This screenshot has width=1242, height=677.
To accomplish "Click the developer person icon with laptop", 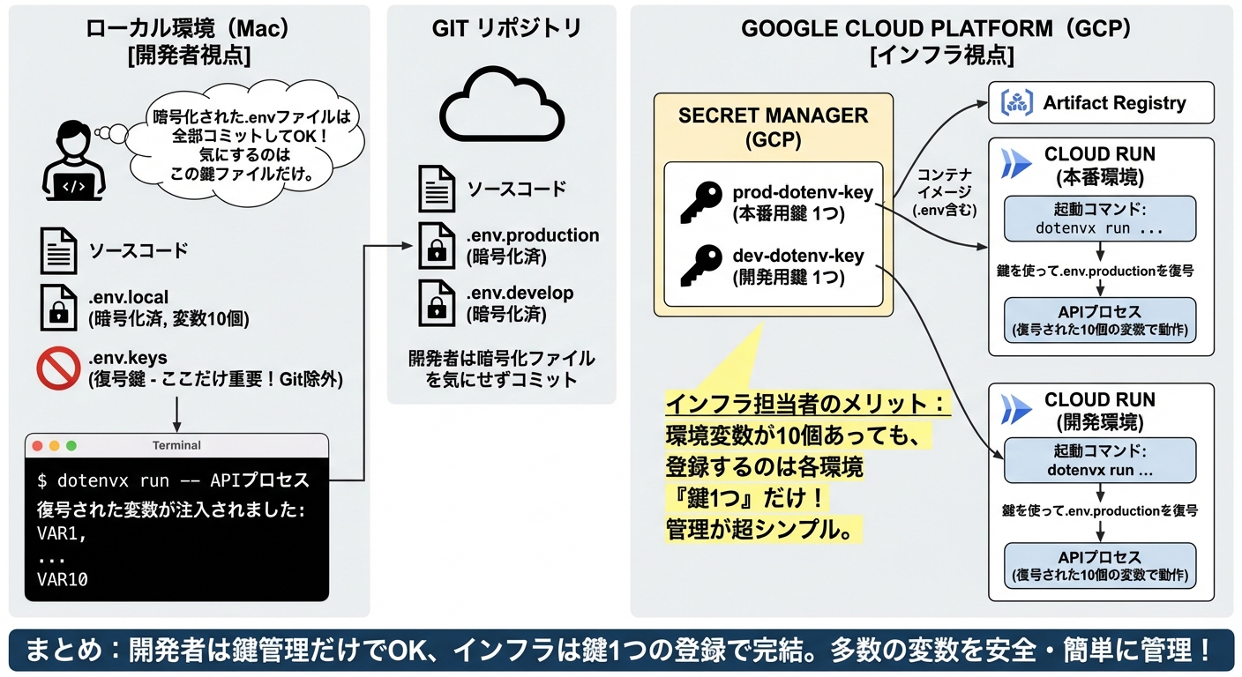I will coord(73,160).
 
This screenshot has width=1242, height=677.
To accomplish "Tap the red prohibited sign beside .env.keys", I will coord(58,369).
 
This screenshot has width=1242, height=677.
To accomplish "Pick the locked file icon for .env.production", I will coord(437,246).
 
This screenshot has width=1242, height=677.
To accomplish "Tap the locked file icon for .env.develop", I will coord(437,302).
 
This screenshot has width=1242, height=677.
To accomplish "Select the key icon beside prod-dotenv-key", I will coord(701,202).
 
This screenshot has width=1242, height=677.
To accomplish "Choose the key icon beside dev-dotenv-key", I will coord(701,265).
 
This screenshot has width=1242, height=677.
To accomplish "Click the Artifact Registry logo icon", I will coord(1016,103).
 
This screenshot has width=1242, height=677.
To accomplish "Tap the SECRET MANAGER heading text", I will coord(773,115).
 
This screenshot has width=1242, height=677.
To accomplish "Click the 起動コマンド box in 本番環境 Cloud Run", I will coord(1100,218).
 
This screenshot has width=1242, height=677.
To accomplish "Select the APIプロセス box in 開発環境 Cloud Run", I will coord(1100,566).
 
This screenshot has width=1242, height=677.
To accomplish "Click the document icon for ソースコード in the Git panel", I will coord(437,189).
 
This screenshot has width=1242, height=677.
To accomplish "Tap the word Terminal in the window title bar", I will coord(176,446).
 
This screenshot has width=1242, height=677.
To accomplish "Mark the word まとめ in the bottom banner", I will coord(66,651).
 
